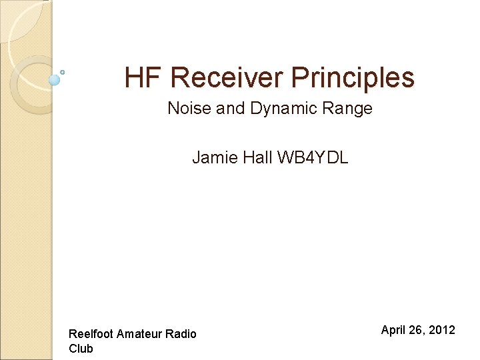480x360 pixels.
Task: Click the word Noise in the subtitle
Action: pyautogui.click(x=188, y=108)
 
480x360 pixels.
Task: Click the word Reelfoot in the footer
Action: pyautogui.click(x=91, y=334)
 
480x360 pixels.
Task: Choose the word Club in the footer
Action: pyautogui.click(x=81, y=349)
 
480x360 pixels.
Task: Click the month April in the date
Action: pyautogui.click(x=394, y=330)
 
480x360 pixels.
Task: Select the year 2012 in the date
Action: pyautogui.click(x=442, y=330)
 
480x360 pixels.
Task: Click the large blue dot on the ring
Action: pyautogui.click(x=55, y=80)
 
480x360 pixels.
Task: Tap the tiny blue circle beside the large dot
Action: pyautogui.click(x=62, y=72)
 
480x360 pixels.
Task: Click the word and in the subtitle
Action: pyautogui.click(x=231, y=108)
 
